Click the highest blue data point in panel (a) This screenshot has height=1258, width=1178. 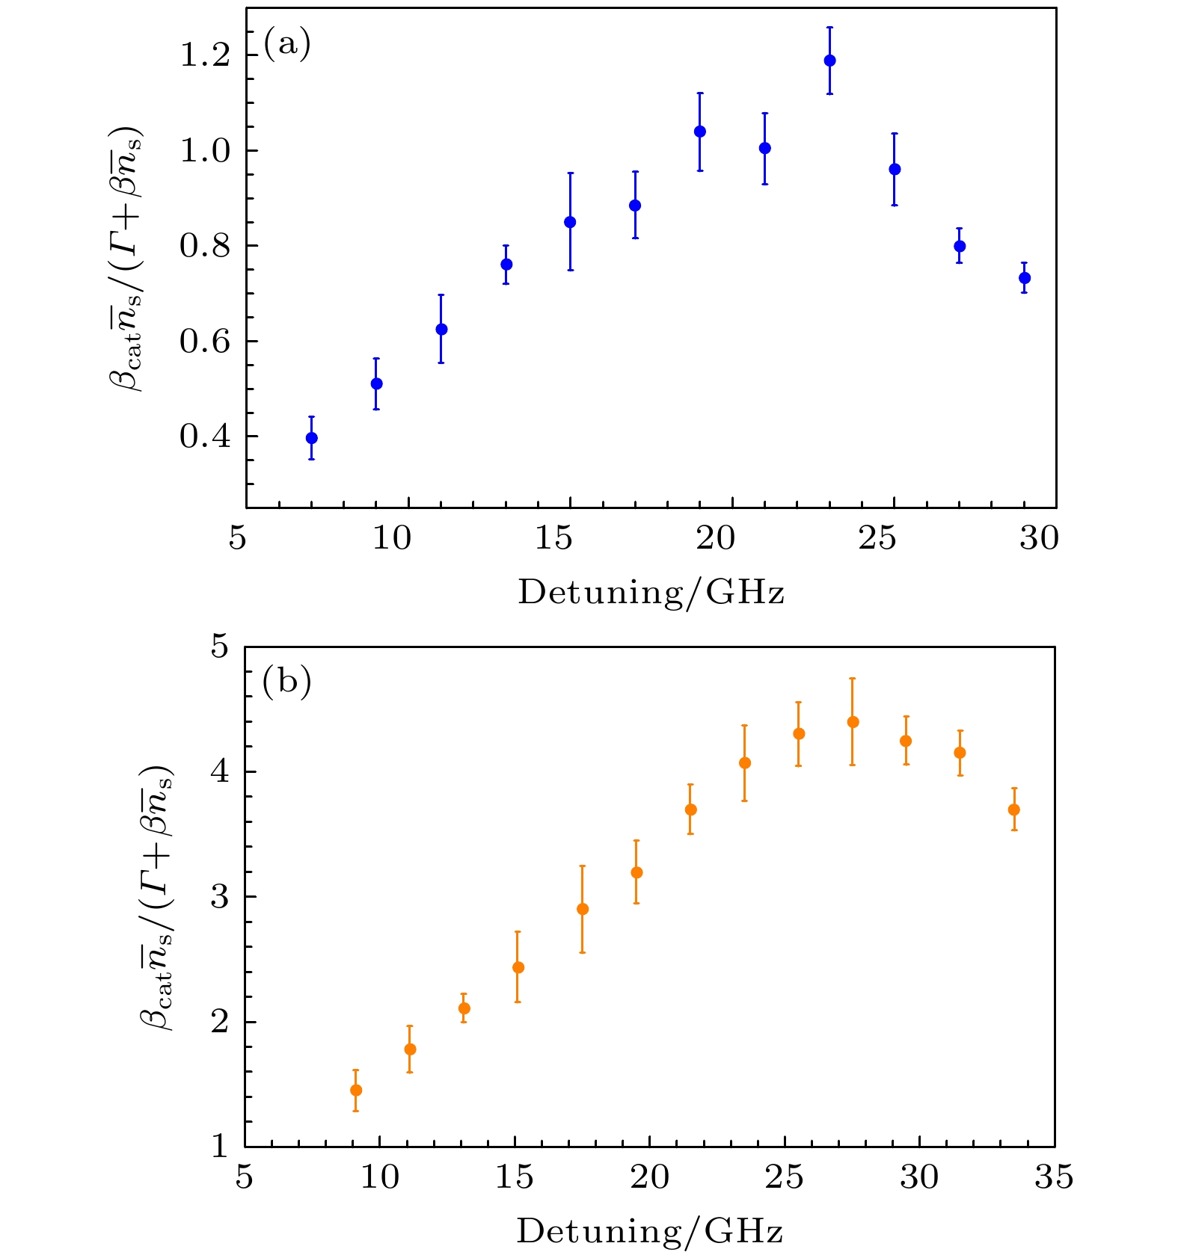829,61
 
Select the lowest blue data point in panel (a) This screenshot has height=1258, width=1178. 312,438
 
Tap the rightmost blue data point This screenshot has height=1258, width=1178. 1025,278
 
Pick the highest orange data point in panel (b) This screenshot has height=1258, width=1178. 853,722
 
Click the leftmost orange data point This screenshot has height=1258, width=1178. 356,1090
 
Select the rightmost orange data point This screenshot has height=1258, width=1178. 1014,810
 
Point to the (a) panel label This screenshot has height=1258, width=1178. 286,44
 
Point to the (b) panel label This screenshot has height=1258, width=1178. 286,682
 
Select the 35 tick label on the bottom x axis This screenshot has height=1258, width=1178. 1054,1177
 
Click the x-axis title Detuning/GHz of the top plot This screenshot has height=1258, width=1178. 651,593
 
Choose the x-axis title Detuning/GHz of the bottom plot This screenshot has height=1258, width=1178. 649,1231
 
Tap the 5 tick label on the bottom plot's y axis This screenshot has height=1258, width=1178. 219,646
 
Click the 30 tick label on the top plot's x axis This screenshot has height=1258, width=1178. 1039,537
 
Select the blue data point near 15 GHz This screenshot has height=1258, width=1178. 570,222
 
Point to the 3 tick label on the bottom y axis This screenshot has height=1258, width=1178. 219,896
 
